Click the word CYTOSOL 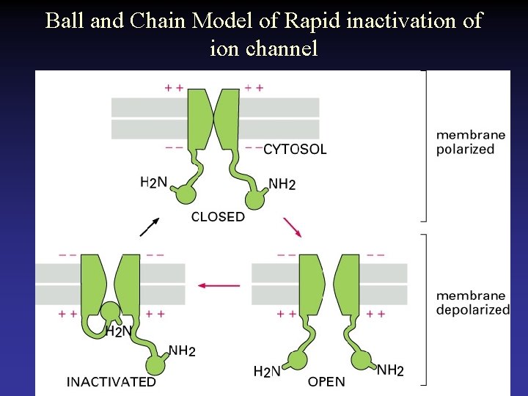pyautogui.click(x=295, y=150)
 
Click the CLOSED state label pyautogui.click(x=218, y=217)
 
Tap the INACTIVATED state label pyautogui.click(x=111, y=381)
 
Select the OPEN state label pyautogui.click(x=326, y=381)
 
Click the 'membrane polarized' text pyautogui.click(x=470, y=142)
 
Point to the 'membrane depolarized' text pyautogui.click(x=472, y=302)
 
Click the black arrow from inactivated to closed pyautogui.click(x=149, y=227)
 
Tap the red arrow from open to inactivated pyautogui.click(x=219, y=285)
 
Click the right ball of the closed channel pyautogui.click(x=256, y=198)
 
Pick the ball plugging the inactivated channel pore pyautogui.click(x=111, y=311)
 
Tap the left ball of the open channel pyautogui.click(x=296, y=360)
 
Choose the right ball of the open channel pyautogui.click(x=362, y=360)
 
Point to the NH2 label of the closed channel pyautogui.click(x=282, y=184)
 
